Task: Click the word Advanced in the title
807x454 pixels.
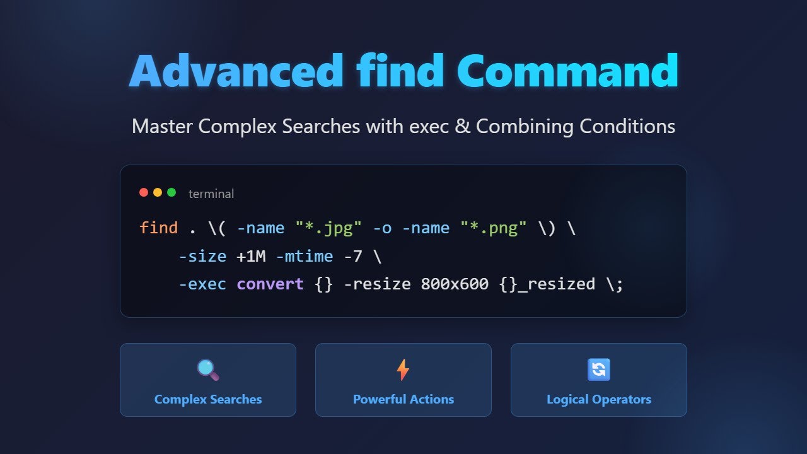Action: (x=236, y=71)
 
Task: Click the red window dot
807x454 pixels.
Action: (x=144, y=192)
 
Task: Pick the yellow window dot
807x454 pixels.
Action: (x=158, y=192)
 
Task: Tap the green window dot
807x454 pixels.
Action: (x=171, y=192)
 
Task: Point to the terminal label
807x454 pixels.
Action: (x=211, y=194)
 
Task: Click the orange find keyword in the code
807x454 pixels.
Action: (x=159, y=228)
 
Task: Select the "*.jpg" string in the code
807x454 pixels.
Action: (x=328, y=228)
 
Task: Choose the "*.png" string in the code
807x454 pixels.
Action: (x=494, y=228)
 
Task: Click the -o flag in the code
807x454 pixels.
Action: (x=382, y=228)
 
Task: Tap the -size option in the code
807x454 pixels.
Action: (x=202, y=256)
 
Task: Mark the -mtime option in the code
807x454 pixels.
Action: (x=304, y=256)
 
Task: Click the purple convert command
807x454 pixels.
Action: (x=270, y=284)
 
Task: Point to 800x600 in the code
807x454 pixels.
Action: (x=455, y=284)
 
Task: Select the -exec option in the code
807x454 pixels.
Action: (x=202, y=284)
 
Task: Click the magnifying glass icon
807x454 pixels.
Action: (x=208, y=370)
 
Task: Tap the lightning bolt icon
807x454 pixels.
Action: (x=403, y=370)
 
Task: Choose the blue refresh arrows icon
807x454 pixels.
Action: (x=599, y=370)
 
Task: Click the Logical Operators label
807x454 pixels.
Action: (x=599, y=399)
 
